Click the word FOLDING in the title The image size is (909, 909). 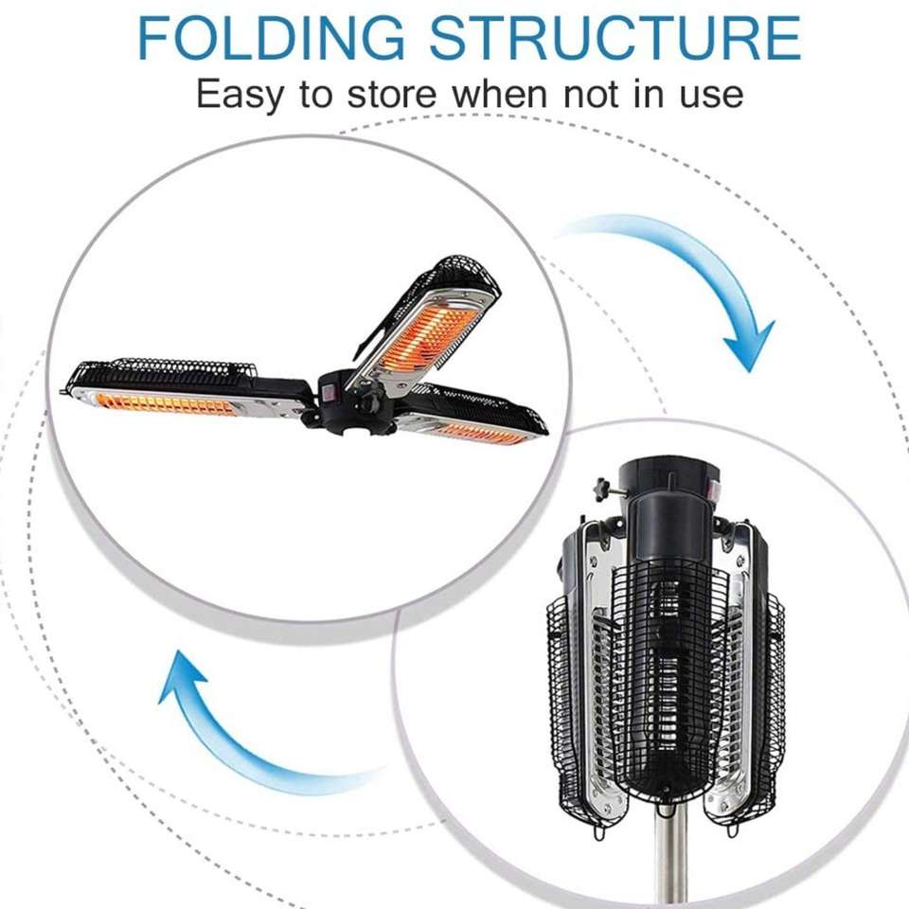coord(271,37)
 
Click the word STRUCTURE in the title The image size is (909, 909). coord(615,37)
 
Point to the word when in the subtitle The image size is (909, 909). coord(500,94)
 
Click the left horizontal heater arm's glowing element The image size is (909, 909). coord(164,404)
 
